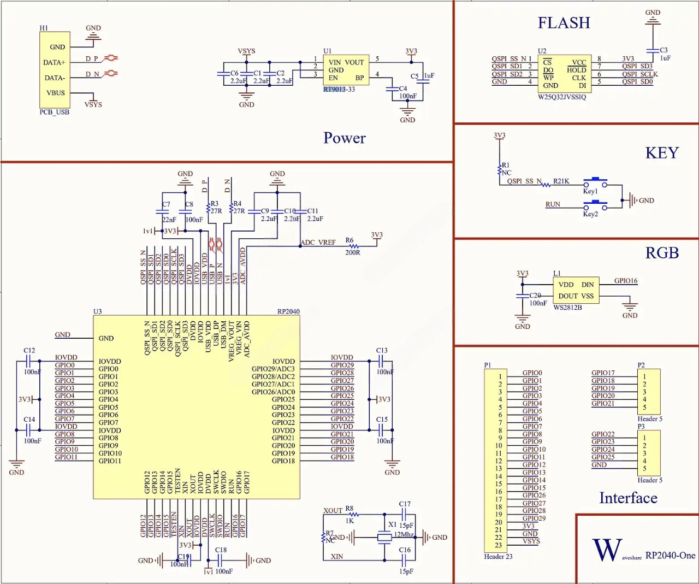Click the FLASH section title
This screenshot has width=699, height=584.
pos(564,23)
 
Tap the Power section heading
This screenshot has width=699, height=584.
pos(344,138)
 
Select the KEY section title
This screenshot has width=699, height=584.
pos(662,153)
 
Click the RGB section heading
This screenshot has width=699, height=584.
pos(662,253)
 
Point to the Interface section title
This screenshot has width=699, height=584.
pos(628,498)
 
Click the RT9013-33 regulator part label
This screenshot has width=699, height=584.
pos(339,90)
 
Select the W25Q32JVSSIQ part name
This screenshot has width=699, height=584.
pos(561,97)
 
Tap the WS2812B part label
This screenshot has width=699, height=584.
pos(567,308)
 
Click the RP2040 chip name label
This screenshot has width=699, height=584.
pos(288,311)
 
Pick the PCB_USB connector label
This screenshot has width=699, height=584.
pos(54,112)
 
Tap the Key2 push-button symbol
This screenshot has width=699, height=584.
pos(595,205)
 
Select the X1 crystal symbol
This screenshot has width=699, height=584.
pos(384,538)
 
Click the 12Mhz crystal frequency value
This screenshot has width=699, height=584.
pos(404,534)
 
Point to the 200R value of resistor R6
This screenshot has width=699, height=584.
pos(352,253)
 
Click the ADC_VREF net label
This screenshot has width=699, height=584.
pos(318,243)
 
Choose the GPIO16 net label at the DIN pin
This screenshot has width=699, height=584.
pos(625,281)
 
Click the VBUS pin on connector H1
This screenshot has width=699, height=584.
pos(56,93)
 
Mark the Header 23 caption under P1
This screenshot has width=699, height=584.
pos(498,557)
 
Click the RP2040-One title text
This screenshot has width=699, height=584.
pos(670,556)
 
